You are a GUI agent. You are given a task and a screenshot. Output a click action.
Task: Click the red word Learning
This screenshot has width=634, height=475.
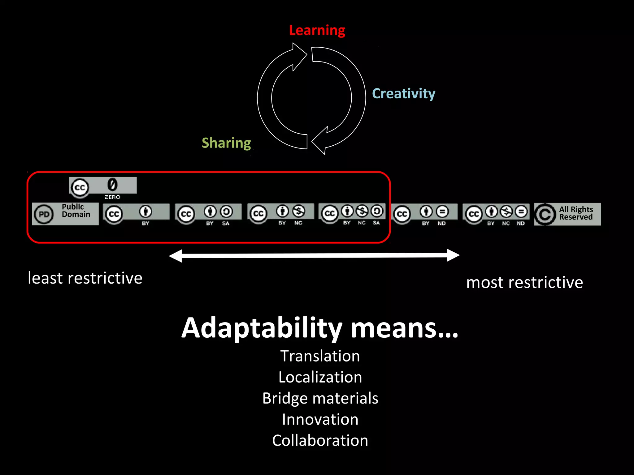click(317, 30)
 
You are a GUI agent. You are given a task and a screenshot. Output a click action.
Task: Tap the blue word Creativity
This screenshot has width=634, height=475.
click(403, 93)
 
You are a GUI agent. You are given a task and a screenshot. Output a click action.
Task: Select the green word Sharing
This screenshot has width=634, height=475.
click(226, 143)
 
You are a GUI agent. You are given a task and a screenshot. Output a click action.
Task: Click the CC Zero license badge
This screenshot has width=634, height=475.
click(102, 187)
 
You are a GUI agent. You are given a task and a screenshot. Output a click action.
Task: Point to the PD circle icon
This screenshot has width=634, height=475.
click(44, 214)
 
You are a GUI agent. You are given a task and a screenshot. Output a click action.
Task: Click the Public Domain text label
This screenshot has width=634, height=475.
click(76, 211)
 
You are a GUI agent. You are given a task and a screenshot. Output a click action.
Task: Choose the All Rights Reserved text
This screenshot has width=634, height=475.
click(576, 213)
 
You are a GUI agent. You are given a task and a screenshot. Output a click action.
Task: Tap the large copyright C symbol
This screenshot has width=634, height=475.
click(545, 214)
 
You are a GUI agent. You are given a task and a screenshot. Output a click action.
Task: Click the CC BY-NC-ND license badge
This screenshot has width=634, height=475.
click(496, 214)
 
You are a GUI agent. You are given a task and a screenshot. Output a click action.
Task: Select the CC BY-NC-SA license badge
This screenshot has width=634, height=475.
click(352, 213)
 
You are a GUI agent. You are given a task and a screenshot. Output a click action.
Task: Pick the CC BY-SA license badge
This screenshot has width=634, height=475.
click(208, 214)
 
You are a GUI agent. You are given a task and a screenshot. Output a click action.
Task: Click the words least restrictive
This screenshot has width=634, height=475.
click(85, 278)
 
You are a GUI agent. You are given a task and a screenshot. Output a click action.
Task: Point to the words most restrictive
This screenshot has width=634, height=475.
click(524, 282)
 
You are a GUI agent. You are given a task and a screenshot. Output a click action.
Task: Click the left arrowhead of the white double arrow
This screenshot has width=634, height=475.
click(176, 256)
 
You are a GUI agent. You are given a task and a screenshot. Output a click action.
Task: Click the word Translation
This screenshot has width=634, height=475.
click(320, 356)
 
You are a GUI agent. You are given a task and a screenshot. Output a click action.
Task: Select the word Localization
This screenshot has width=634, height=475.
click(320, 377)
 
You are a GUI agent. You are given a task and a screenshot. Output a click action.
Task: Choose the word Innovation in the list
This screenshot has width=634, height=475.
click(320, 419)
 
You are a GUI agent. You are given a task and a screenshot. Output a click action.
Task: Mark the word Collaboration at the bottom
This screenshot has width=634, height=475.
click(320, 440)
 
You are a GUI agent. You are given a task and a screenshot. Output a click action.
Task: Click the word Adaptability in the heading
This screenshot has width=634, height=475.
click(262, 328)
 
